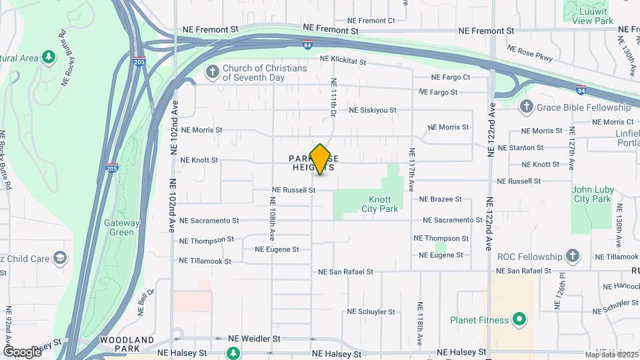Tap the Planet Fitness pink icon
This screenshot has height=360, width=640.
tap(519, 320)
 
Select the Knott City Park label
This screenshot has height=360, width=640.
tap(383, 204)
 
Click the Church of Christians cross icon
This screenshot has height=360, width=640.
tap(212, 72)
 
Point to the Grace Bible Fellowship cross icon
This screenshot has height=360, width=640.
tap(526, 107)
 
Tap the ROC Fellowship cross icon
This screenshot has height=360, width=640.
tap(572, 255)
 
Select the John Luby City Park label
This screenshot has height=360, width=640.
tap(591, 194)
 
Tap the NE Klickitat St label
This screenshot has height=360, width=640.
tap(343, 61)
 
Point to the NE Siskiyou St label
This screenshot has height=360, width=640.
tap(373, 110)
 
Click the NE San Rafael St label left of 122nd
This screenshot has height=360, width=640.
tap(345, 272)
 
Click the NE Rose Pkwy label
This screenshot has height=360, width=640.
tap(530, 53)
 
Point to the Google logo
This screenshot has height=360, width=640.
tap(21, 351)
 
